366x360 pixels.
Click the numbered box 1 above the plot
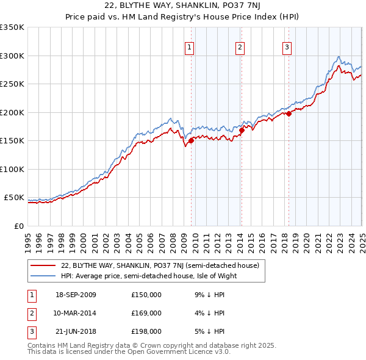(190, 48)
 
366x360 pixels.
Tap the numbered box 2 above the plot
(240, 48)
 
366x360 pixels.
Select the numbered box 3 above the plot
(287, 48)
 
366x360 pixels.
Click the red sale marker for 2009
(191, 140)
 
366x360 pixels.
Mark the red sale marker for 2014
(242, 130)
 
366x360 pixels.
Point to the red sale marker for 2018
(289, 113)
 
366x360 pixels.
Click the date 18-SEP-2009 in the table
(76, 295)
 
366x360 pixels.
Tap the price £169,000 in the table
(146, 313)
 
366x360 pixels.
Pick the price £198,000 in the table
(146, 331)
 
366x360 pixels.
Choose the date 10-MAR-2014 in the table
(76, 313)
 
